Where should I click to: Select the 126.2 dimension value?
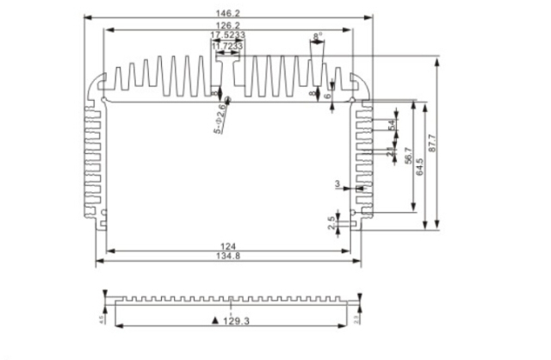[x=229, y=26]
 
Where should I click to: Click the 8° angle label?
[x=318, y=37]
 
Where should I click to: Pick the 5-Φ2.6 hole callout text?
[x=220, y=117]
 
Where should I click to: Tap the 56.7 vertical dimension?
[x=406, y=158]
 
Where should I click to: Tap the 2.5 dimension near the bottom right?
[x=332, y=223]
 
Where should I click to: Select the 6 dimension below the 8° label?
[x=329, y=95]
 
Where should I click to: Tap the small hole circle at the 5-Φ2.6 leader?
[x=227, y=101]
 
